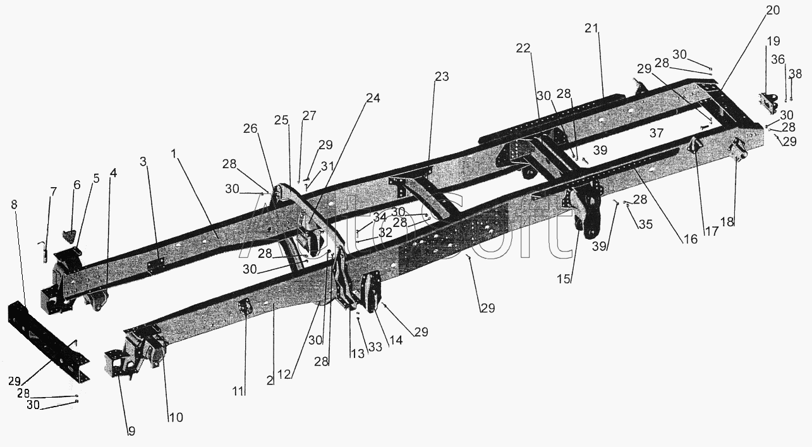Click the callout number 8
click(x=14, y=205)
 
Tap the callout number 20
click(x=772, y=10)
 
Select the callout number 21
click(x=591, y=28)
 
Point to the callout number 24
click(x=373, y=98)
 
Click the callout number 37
click(x=657, y=133)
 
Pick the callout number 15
click(x=564, y=279)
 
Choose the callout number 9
click(x=131, y=431)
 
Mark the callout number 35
click(x=645, y=224)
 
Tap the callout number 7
click(x=53, y=191)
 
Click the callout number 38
click(x=796, y=74)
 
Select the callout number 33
click(x=375, y=347)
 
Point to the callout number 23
click(x=442, y=77)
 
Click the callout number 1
click(x=174, y=154)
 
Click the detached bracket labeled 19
click(x=767, y=104)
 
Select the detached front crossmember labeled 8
click(x=49, y=341)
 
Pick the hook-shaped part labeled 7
click(x=43, y=252)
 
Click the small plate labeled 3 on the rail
click(x=156, y=266)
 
